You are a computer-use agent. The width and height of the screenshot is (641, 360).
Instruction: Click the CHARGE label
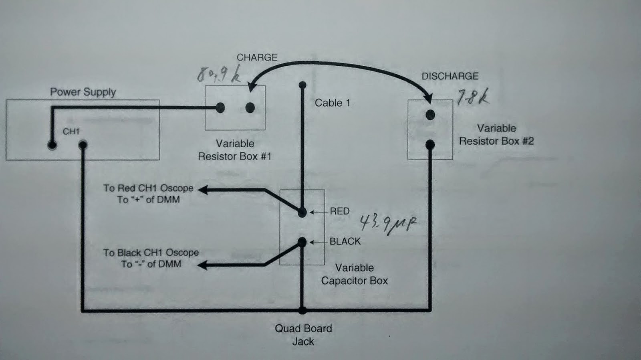click(x=257, y=57)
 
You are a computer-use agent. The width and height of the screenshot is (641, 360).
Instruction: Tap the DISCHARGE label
click(x=450, y=76)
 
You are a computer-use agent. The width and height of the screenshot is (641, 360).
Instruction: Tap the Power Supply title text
click(x=83, y=92)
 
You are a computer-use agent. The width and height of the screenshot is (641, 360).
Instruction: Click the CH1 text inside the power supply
click(x=71, y=131)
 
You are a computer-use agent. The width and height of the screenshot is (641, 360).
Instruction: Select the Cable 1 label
click(x=332, y=103)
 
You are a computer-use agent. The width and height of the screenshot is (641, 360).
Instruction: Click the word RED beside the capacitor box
click(x=339, y=211)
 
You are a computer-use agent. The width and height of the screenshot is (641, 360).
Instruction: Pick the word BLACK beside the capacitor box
click(x=345, y=241)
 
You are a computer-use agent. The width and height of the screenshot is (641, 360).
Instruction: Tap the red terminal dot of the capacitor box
click(x=302, y=212)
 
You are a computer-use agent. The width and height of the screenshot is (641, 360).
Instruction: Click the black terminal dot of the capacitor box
click(x=302, y=242)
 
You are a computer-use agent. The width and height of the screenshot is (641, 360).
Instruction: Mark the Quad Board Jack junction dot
click(x=302, y=310)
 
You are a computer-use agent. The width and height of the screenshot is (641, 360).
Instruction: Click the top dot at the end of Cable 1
click(x=302, y=85)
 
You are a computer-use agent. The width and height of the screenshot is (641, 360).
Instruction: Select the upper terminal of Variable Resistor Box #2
click(x=430, y=115)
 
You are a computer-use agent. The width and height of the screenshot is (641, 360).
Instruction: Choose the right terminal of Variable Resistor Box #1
click(x=250, y=107)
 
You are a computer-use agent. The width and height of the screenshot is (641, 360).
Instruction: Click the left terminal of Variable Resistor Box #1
click(x=220, y=107)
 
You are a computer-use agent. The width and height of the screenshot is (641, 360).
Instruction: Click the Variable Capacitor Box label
click(x=354, y=274)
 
